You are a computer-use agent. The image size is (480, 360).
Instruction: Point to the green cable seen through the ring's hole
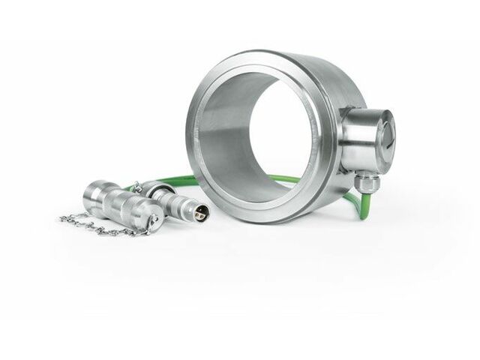pos(285,179)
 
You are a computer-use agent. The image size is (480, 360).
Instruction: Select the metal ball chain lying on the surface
pos(97,225)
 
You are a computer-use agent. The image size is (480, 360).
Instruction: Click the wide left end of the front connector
pos(97,190)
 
